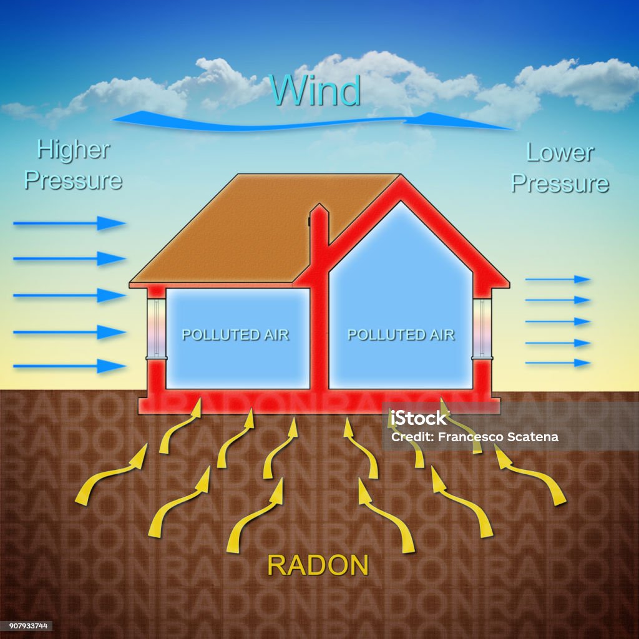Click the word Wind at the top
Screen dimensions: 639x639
[316, 90]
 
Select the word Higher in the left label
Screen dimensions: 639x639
[74, 150]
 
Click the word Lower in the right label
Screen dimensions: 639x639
[560, 152]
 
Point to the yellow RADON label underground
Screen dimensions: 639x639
[318, 565]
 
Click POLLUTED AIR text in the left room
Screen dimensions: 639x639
[235, 335]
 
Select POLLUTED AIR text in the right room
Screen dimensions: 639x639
[401, 335]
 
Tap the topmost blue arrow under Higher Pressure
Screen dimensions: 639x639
[69, 223]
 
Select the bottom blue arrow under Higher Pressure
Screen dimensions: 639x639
[69, 366]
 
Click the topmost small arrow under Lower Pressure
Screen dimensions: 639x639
[558, 280]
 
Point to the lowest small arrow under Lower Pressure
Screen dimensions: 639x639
[558, 363]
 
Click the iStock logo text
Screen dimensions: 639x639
[419, 418]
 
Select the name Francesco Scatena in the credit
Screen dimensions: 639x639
[498, 437]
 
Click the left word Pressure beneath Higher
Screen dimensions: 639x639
[74, 180]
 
